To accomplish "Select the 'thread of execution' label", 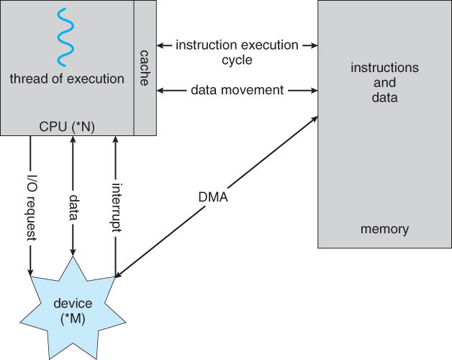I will click(x=67, y=78).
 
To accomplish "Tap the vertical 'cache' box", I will click(x=145, y=68).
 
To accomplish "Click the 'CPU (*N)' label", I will click(x=67, y=127).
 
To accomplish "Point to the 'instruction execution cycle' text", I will click(x=237, y=53).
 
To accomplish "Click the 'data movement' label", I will click(x=237, y=91).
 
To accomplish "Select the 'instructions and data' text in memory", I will click(x=384, y=82).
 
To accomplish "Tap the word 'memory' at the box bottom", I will click(x=384, y=230).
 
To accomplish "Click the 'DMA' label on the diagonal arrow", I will click(x=212, y=197).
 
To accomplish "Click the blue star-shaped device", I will click(x=73, y=310).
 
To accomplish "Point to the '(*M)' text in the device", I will click(x=73, y=319).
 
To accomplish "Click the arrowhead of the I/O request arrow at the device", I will click(x=30, y=271).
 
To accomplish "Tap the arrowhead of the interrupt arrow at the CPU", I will click(x=114, y=140).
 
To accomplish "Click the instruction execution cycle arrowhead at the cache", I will click(x=161, y=45).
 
